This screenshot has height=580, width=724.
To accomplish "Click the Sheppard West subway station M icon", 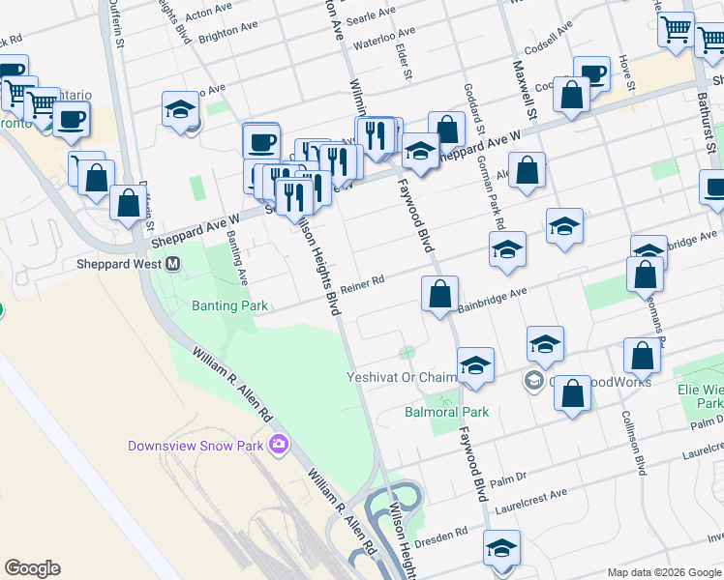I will [x=174, y=264].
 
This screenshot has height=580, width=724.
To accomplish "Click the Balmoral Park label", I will [x=446, y=412].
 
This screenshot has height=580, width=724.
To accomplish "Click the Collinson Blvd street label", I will [x=632, y=446].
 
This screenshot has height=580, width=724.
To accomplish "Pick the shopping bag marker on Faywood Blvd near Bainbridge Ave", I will [x=439, y=293].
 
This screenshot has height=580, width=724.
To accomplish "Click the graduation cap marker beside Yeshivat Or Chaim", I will [x=475, y=364].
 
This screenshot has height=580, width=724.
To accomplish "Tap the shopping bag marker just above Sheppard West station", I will [x=129, y=203].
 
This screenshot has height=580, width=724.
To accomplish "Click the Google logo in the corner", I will [x=33, y=568].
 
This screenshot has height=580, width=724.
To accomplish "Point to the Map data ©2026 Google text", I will [x=664, y=572].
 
